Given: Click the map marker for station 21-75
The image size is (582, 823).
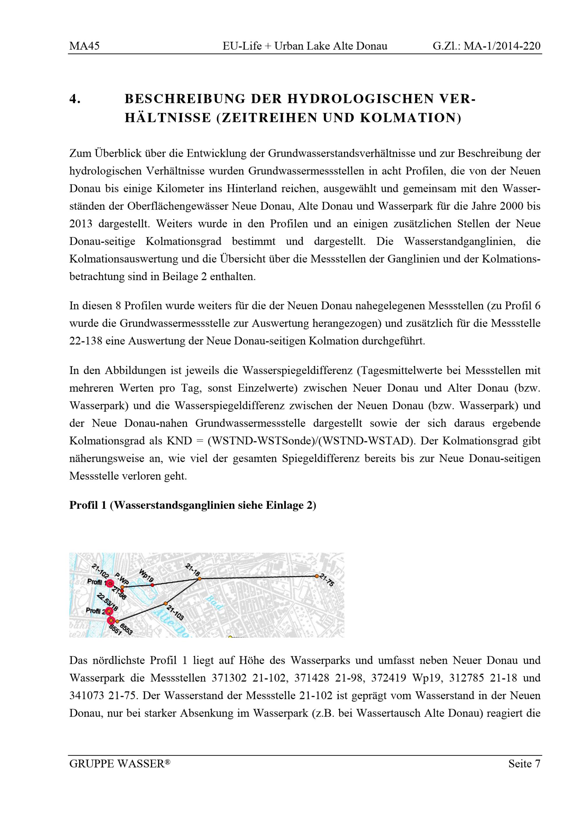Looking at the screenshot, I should [x=316, y=576].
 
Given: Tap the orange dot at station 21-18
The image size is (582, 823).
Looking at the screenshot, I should [x=200, y=578].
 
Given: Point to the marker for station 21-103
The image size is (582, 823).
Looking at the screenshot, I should [x=166, y=603].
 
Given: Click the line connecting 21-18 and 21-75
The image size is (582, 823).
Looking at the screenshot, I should [x=258, y=578].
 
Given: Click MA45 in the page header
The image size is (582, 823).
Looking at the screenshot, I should [x=84, y=46].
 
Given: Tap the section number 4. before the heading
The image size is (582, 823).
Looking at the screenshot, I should [x=74, y=99].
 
